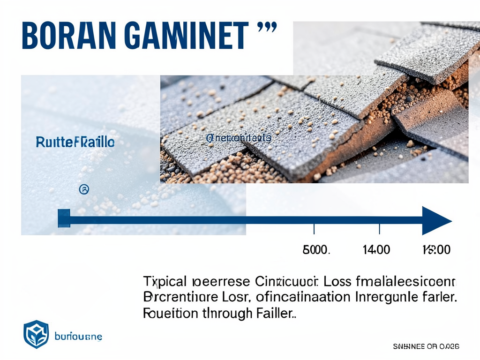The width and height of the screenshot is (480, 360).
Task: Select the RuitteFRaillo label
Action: (x=75, y=142)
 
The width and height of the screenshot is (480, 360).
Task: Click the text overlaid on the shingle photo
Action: (x=239, y=138)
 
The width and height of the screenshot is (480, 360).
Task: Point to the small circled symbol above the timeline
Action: (x=85, y=189)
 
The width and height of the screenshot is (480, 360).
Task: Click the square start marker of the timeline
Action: (x=64, y=219)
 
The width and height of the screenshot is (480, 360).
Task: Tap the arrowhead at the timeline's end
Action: (x=436, y=220)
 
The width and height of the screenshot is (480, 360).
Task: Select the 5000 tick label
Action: (x=317, y=249)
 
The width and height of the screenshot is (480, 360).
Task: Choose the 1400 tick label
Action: (x=376, y=249)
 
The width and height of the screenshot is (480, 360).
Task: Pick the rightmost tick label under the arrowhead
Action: (x=436, y=249)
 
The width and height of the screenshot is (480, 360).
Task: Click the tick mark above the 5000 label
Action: (x=314, y=229)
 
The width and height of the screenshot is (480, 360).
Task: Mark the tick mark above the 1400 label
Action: (x=379, y=229)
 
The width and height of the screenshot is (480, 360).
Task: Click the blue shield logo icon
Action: (x=36, y=334)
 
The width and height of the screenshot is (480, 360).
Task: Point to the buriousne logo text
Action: (x=78, y=336)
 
